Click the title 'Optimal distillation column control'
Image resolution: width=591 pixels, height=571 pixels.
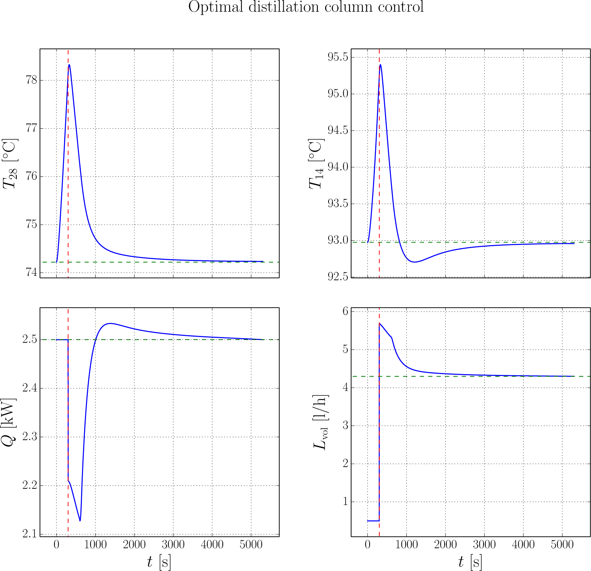coord(306,7)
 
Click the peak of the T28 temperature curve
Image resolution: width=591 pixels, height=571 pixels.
coord(69,65)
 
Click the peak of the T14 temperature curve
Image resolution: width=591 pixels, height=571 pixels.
coord(380,65)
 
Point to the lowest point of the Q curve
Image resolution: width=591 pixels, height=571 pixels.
coord(80,521)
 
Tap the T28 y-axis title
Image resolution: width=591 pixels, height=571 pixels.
coord(10,164)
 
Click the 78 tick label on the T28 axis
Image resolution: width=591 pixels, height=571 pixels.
coord(32,80)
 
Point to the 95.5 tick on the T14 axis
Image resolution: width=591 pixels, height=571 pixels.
coord(338,57)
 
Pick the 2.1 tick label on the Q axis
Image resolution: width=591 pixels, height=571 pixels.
coord(30,534)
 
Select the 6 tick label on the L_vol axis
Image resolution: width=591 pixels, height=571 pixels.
coord(346,311)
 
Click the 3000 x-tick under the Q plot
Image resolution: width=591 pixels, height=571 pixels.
coord(173,545)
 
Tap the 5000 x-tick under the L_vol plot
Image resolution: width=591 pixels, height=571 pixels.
coord(562,545)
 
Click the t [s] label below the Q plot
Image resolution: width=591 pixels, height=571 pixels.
coord(159,562)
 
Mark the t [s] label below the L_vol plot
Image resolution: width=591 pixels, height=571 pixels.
coord(470,562)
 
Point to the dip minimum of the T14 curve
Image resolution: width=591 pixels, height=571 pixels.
coord(415,262)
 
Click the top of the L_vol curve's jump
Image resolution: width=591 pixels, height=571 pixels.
coord(379,323)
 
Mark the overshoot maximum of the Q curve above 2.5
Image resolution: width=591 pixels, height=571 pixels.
coord(110,323)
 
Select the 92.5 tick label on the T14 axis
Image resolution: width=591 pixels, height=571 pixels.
coord(338,277)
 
